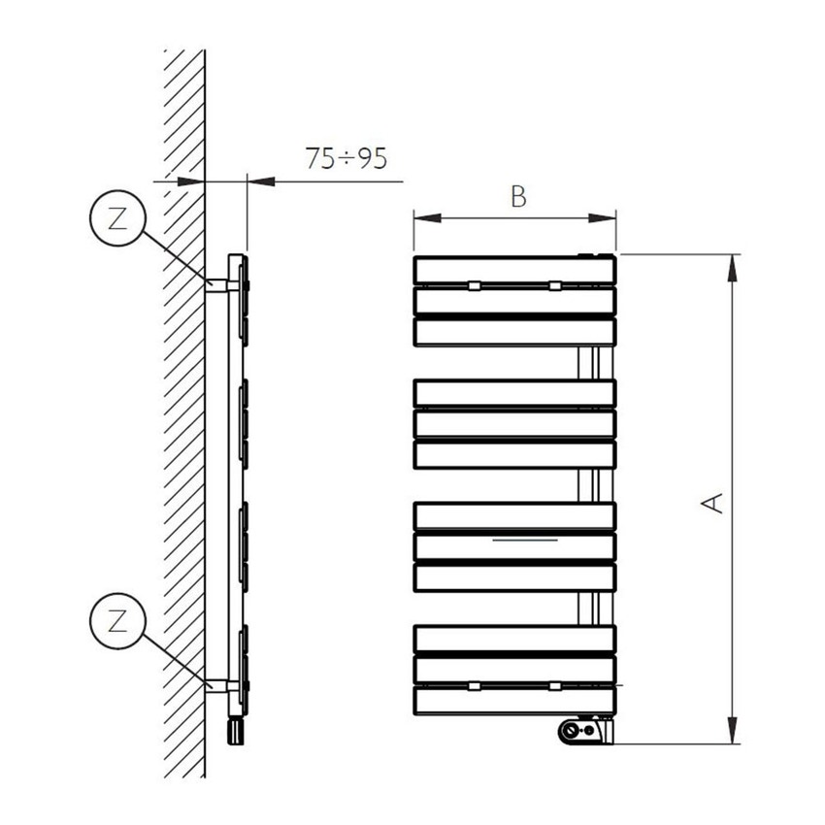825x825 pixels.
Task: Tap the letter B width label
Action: click(x=518, y=197)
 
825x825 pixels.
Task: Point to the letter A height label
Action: click(x=713, y=503)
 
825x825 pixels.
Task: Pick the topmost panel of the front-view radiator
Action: click(x=514, y=270)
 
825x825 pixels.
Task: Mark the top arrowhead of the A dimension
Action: click(x=732, y=262)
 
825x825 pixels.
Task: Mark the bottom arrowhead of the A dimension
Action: click(x=732, y=737)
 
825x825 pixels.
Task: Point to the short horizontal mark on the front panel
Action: click(x=524, y=537)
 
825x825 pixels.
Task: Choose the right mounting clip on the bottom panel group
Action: click(x=554, y=685)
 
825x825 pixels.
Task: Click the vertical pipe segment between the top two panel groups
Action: click(x=587, y=362)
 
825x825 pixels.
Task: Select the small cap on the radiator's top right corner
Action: click(x=595, y=255)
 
